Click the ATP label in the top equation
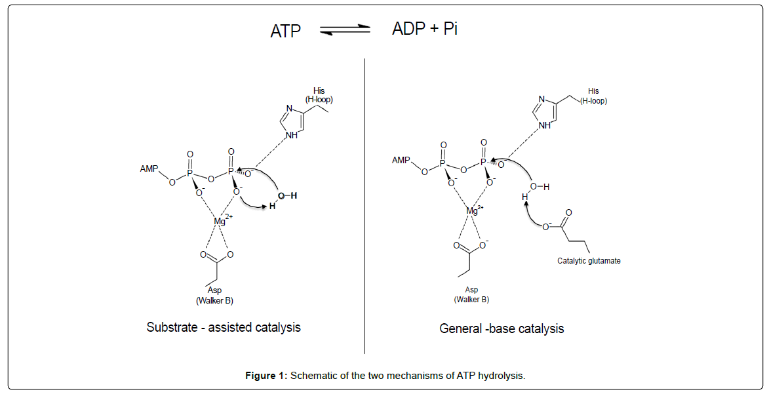[x=285, y=31]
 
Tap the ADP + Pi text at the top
[x=425, y=29]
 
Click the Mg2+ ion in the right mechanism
[x=474, y=210]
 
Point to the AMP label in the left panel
[x=150, y=168]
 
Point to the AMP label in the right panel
[x=401, y=160]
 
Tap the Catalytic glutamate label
[x=589, y=260]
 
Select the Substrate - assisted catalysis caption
[x=224, y=327]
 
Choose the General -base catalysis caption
[x=501, y=328]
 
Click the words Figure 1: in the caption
[x=266, y=376]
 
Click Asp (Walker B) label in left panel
[x=214, y=296]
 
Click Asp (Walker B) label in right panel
[x=471, y=294]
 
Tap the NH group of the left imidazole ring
[x=292, y=136]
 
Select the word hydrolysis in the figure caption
[x=501, y=376]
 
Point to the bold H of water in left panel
[x=272, y=207]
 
